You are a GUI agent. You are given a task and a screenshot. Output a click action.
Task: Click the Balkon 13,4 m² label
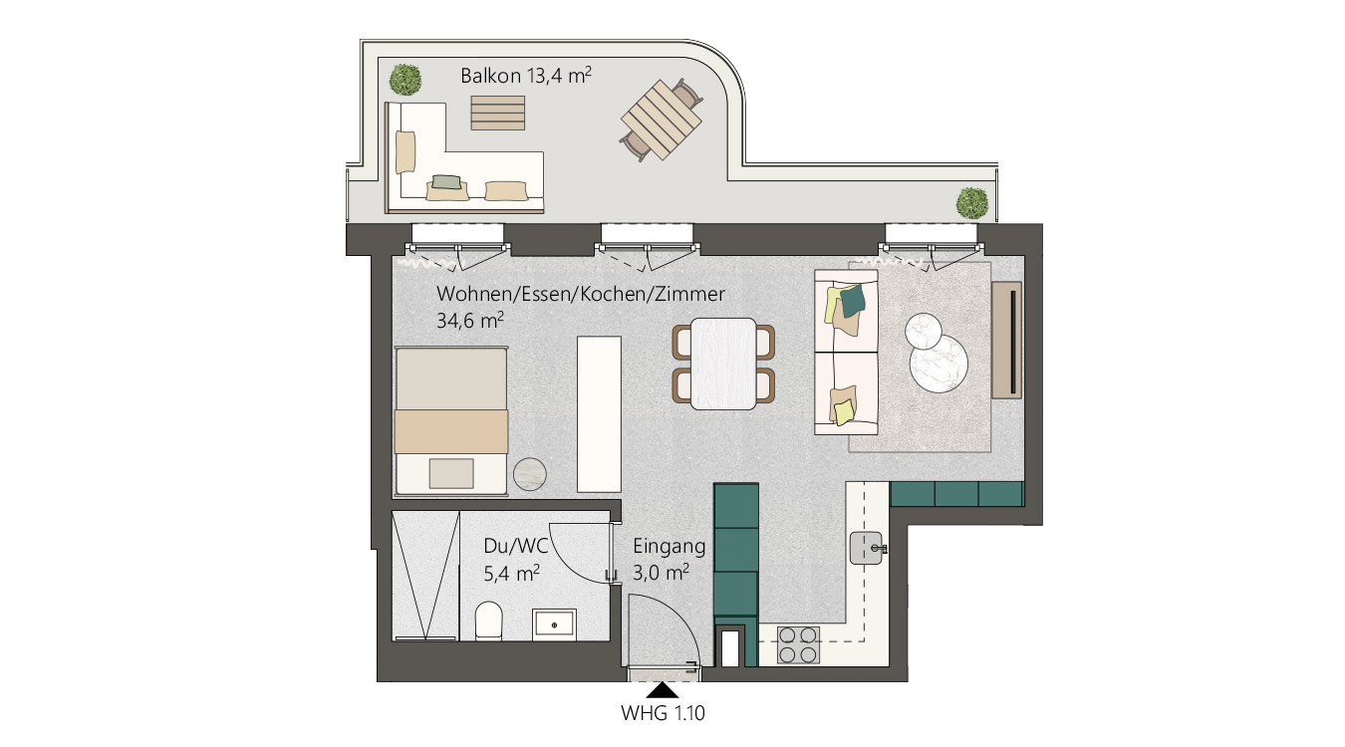pos(526,76)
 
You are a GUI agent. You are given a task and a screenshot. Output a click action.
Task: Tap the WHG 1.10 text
pos(663,713)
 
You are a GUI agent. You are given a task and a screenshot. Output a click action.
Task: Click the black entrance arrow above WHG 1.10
pos(663,690)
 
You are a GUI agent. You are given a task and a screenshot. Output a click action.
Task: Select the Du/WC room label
pos(516,546)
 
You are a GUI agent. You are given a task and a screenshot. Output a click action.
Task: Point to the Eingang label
pos(669,547)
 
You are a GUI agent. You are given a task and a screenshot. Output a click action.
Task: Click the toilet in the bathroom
pos(488,621)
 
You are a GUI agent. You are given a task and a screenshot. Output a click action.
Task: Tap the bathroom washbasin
pos(554,625)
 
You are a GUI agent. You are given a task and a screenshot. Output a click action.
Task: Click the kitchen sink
pos(867,548)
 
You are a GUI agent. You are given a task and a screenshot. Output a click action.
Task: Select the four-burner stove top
pos(798,645)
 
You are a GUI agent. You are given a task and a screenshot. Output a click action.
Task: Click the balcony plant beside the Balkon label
pos(404,80)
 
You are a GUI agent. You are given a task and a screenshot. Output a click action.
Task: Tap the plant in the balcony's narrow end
pos(972,203)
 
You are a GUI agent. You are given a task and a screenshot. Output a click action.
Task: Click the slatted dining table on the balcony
pos(662,120)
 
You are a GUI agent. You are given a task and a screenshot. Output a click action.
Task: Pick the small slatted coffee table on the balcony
pos(498,113)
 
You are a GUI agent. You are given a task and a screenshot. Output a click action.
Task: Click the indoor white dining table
pos(723,364)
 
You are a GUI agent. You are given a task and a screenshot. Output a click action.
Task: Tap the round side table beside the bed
pos(530,474)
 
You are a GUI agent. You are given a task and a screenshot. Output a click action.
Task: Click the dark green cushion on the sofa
pos(853,300)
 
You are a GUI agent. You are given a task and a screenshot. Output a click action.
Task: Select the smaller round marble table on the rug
pos(923,331)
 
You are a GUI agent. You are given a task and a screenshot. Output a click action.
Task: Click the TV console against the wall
pos(1006,340)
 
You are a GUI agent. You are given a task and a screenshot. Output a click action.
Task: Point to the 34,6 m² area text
pos(470,321)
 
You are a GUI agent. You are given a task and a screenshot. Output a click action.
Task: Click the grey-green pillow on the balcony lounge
pos(446,181)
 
